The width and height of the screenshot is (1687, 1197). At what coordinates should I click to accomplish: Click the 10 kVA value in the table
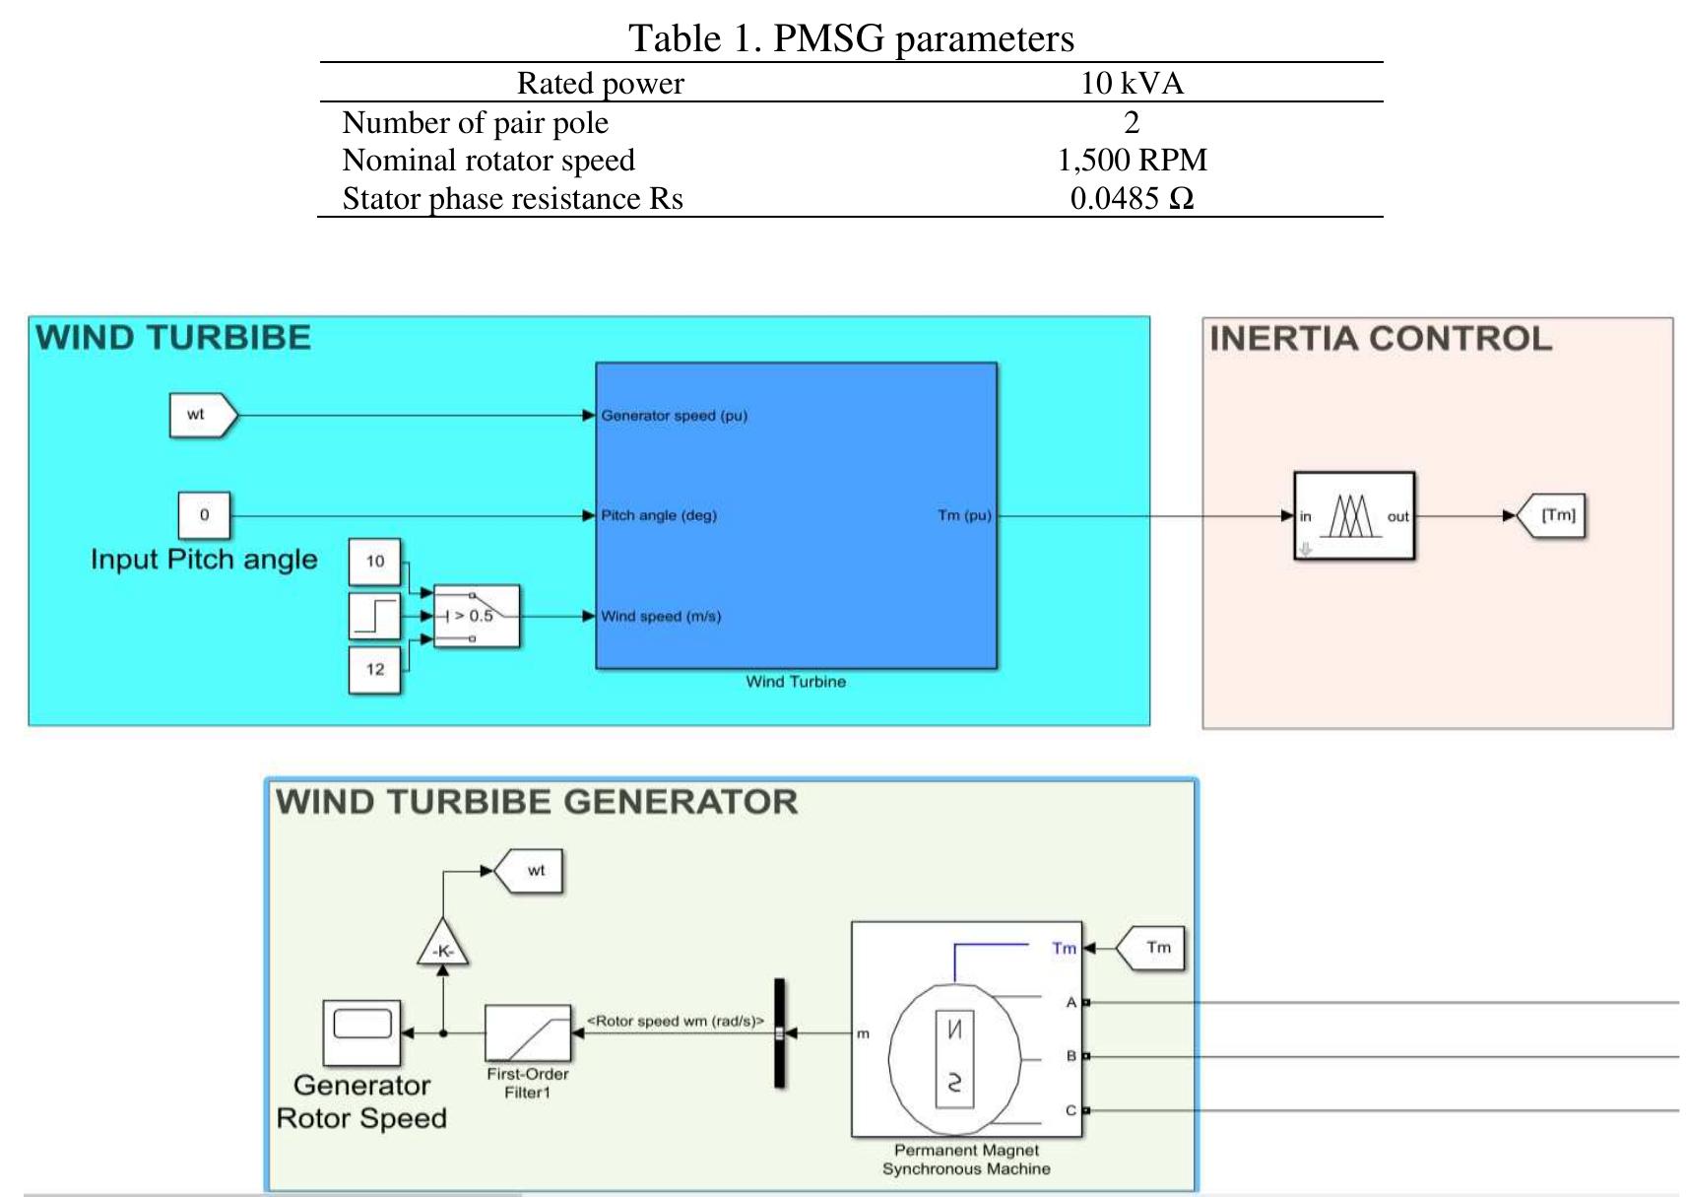pos(1132,83)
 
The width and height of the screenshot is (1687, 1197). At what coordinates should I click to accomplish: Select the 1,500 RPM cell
pos(1132,160)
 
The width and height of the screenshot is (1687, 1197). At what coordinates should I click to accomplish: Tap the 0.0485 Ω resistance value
pos(1132,198)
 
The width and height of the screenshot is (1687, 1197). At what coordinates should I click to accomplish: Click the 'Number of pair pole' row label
pos(475,122)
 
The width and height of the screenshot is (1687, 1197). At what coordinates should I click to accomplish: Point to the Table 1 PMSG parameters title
pos(851,38)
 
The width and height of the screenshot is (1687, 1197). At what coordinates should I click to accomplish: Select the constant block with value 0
pos(204,514)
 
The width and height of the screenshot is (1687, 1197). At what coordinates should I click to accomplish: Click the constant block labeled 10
pos(374,562)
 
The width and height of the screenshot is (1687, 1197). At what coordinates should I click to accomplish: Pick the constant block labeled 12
pos(374,670)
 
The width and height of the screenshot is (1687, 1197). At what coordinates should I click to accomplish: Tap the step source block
pos(374,616)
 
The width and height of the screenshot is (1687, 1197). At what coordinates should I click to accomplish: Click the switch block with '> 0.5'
pos(477,616)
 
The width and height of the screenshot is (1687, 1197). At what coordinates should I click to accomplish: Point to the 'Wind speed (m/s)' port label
pos(661,617)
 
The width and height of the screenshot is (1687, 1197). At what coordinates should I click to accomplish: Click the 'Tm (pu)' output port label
pos(963,515)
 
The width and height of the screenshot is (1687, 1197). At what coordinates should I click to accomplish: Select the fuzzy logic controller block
pos(1353,516)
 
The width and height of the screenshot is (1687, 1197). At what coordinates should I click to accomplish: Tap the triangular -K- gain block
pos(442,946)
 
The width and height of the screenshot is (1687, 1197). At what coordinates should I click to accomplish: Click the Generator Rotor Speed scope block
pos(361,1031)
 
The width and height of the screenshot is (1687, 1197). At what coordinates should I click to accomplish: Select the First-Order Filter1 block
pos(528,1032)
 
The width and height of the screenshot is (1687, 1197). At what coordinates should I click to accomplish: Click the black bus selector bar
pos(779,1032)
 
